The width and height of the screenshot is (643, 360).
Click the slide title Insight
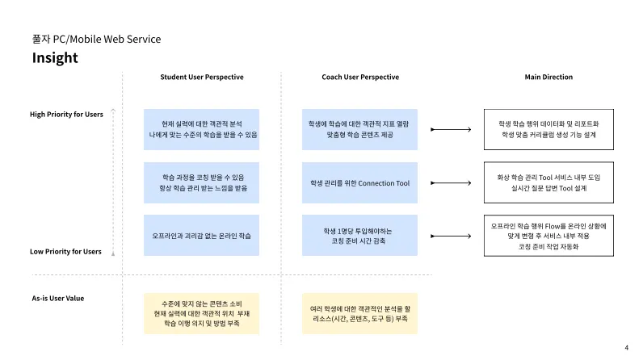point(55,58)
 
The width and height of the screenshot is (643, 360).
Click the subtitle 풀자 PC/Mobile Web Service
point(96,39)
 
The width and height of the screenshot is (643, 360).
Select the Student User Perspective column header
point(202,77)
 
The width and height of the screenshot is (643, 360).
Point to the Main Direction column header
point(548,77)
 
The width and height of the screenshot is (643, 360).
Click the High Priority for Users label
point(66,114)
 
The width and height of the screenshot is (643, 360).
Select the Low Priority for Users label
point(65,251)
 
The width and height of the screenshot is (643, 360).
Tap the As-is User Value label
point(57,298)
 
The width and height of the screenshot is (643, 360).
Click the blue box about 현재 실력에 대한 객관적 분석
point(202,129)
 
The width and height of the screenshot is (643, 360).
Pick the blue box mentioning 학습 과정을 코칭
point(202,182)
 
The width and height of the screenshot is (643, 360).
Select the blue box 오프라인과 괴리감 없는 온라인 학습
point(202,236)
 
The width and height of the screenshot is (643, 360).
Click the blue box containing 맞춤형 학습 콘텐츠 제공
point(360,129)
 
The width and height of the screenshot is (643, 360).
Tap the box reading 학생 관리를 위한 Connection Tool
point(360,183)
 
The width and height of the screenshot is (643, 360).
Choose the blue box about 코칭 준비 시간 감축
point(360,236)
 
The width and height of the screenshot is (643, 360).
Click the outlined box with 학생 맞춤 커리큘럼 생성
point(548,129)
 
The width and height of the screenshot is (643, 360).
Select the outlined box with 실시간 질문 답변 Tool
point(548,182)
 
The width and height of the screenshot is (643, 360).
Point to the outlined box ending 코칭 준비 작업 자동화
point(548,236)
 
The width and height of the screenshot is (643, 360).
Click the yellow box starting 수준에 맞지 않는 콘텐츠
point(202,313)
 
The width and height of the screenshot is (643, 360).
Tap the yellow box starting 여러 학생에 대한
point(360,313)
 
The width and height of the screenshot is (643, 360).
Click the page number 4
point(626,348)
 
